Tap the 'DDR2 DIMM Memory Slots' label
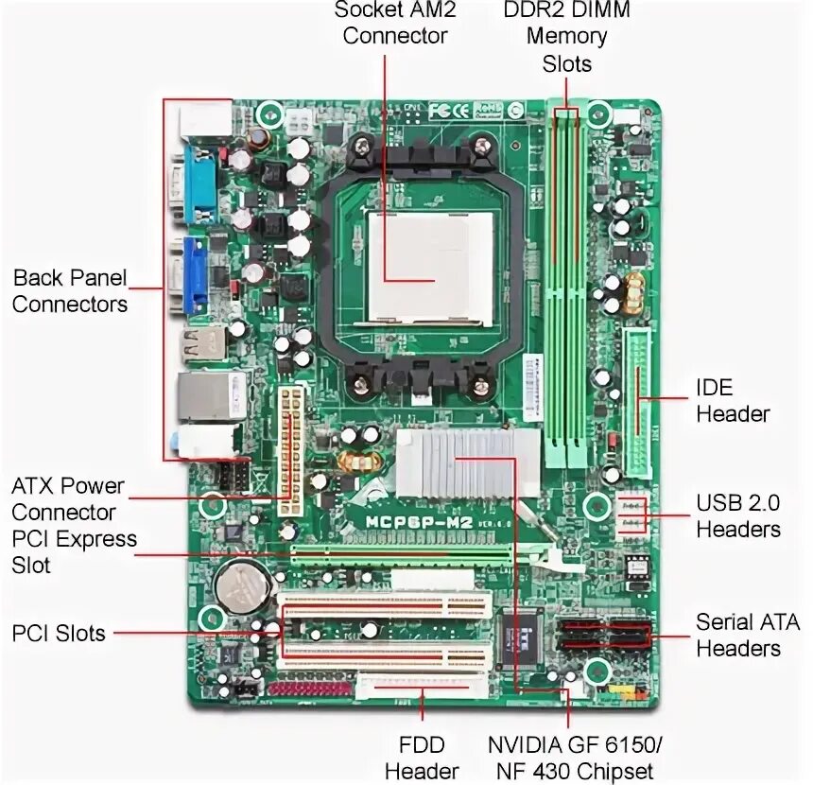(x=566, y=37)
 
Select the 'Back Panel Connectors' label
(x=70, y=291)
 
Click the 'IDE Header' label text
(x=733, y=400)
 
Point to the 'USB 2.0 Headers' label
(x=738, y=515)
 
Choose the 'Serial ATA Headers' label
(x=747, y=635)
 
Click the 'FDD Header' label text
(x=421, y=758)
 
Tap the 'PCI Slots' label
(x=59, y=633)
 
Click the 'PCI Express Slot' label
(x=74, y=552)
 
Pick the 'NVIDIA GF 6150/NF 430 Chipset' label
(x=571, y=758)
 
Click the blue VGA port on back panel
(x=195, y=274)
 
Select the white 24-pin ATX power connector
(x=291, y=450)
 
